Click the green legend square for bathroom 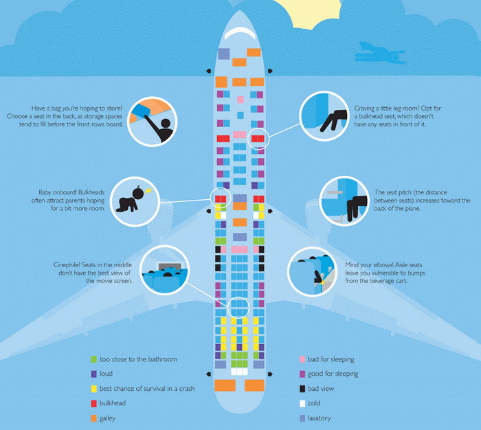(x=93, y=359)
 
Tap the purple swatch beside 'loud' (x=93, y=374)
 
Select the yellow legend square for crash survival (x=93, y=389)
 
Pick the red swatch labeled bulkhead (x=93, y=403)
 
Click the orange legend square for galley (x=93, y=418)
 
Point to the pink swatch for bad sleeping (x=302, y=359)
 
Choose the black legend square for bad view (x=302, y=389)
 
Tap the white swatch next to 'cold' (x=302, y=403)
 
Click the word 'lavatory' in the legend (x=320, y=418)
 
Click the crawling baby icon (x=131, y=201)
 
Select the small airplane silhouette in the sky (x=381, y=54)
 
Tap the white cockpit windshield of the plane (x=240, y=33)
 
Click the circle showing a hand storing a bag (x=153, y=122)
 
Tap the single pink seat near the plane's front (x=240, y=100)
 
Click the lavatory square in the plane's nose (x=223, y=54)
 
